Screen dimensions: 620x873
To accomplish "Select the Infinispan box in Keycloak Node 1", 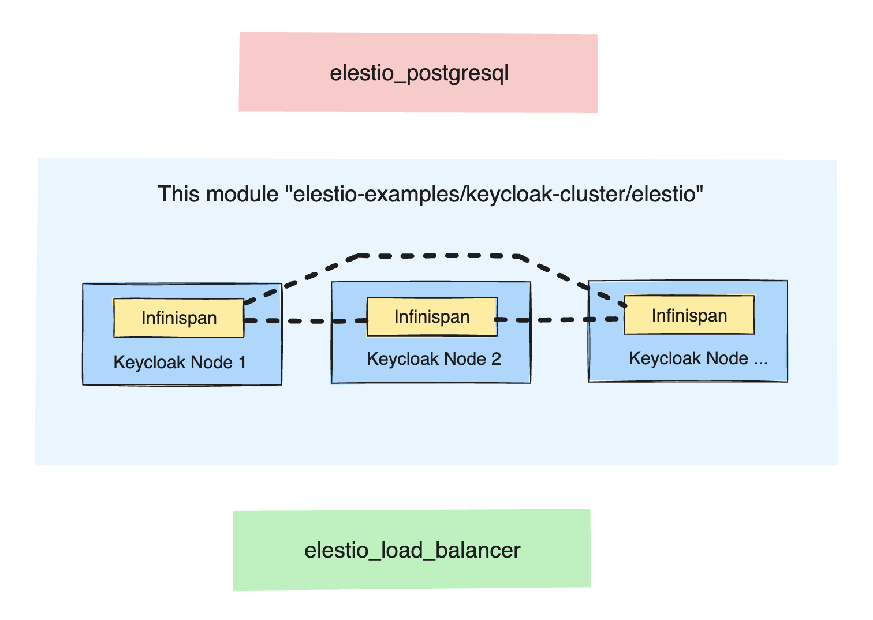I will pos(178,318).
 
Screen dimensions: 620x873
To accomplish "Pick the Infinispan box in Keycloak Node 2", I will pos(432,316).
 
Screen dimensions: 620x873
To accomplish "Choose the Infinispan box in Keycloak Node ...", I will pos(689,315).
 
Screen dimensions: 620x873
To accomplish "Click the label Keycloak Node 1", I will pos(180,362).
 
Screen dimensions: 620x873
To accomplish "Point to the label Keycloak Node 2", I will pos(434,359).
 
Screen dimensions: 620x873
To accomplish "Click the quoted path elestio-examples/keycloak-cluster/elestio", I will pos(498,194).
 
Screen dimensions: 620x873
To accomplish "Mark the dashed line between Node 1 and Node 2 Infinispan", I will pos(306,320).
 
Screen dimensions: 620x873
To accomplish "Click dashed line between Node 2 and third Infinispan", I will pos(560,319).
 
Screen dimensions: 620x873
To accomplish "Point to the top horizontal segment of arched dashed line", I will pos(439,255).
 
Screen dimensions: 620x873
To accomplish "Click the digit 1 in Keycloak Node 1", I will pos(242,362).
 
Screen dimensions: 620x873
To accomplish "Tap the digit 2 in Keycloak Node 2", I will pos(496,359).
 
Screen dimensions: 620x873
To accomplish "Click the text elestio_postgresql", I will pos(419,73).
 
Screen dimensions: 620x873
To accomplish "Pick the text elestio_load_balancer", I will pos(412,550).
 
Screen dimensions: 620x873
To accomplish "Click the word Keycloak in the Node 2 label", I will pos(395,359).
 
